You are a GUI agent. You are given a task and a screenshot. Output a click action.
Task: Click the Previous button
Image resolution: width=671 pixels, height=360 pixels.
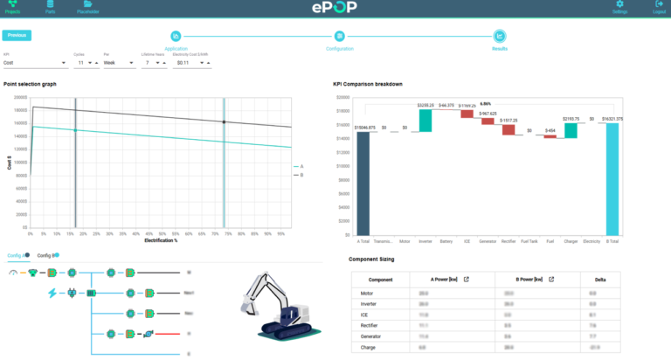click(16, 35)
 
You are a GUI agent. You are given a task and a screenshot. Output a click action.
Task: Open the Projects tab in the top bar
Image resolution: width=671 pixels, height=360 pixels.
click(11, 7)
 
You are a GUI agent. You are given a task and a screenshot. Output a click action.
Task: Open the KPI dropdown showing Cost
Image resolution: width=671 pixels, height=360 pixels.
click(35, 63)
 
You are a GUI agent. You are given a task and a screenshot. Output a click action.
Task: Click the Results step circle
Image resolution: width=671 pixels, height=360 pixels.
click(499, 36)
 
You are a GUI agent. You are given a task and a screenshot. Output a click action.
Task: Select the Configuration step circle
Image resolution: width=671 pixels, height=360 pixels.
click(339, 36)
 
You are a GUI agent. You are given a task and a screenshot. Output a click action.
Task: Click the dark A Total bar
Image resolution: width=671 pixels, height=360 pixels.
click(363, 183)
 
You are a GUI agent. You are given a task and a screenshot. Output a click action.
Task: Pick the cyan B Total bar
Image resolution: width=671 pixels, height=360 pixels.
click(612, 179)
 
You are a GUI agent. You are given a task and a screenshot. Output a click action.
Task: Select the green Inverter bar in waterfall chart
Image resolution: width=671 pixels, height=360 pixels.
click(425, 120)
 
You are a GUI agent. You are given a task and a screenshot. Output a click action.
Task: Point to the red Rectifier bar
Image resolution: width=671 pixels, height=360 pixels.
click(508, 129)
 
